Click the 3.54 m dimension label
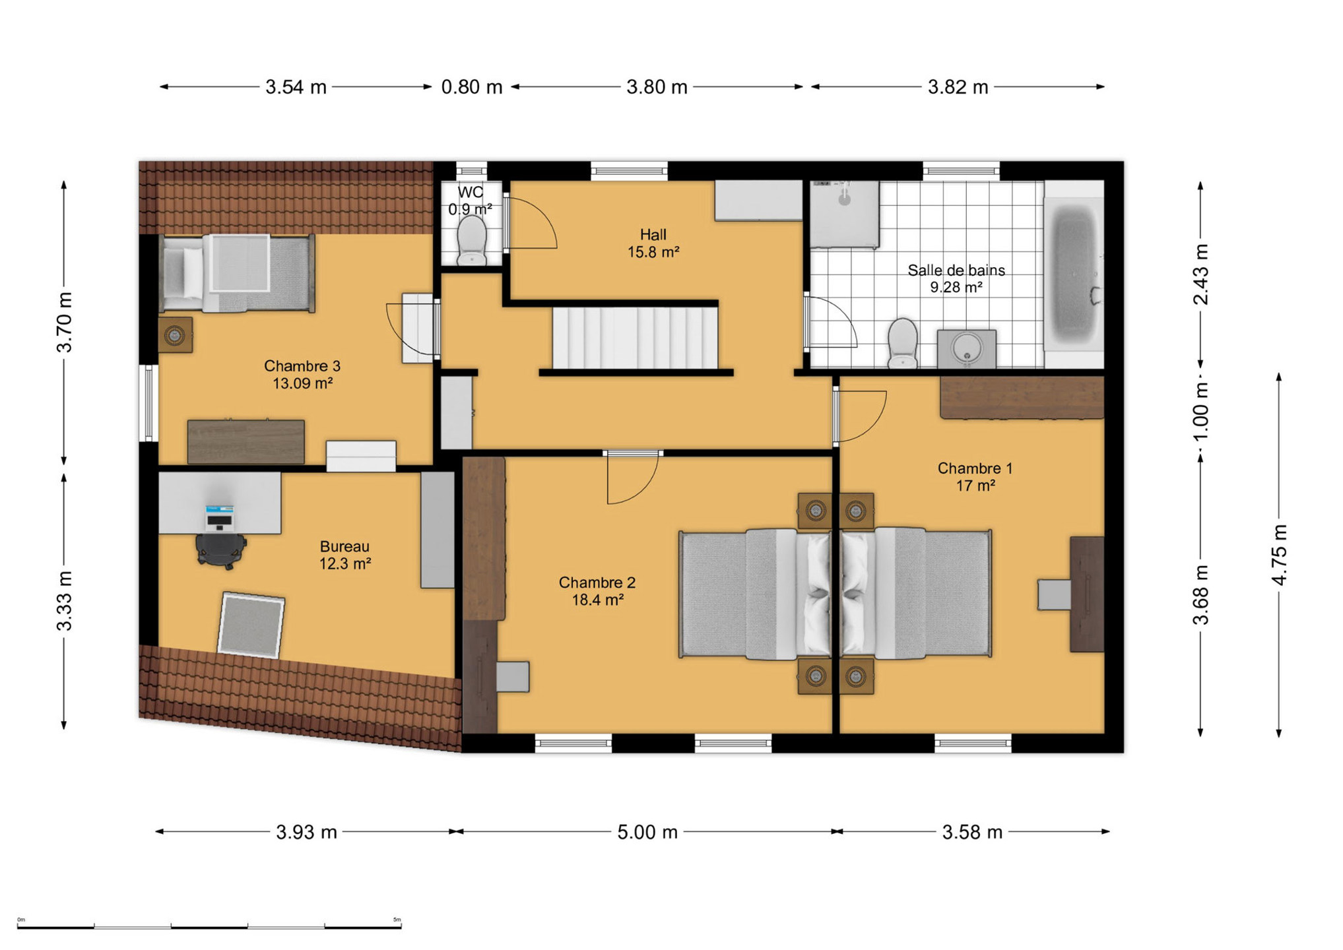(x=296, y=87)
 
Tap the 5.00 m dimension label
(x=647, y=832)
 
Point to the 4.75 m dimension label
(x=1279, y=554)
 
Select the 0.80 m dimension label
(x=472, y=87)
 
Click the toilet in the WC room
(x=471, y=241)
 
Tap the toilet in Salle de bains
(x=902, y=343)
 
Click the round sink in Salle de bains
(x=967, y=348)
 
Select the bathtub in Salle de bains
(x=1074, y=274)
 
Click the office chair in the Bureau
(x=220, y=550)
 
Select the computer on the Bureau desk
(x=219, y=518)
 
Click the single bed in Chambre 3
(x=237, y=272)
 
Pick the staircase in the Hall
(x=635, y=338)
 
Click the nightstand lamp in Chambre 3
(x=175, y=335)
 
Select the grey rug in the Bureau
(x=251, y=625)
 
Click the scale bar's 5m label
(x=397, y=920)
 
